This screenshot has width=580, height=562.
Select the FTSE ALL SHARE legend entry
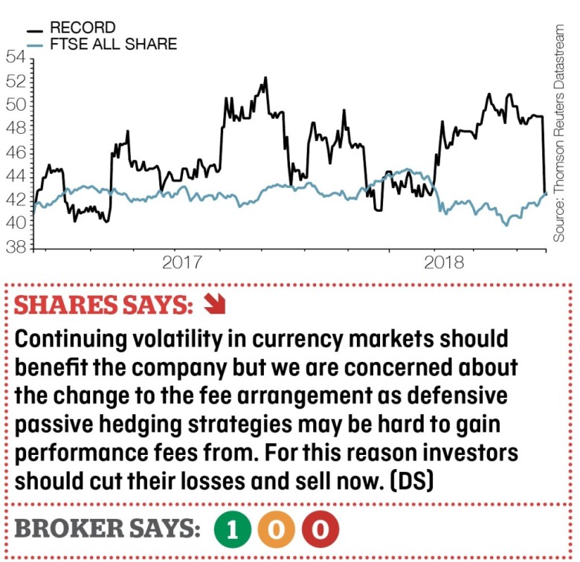112,45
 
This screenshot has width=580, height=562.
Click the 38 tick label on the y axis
16,247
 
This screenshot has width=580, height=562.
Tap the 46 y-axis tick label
16,152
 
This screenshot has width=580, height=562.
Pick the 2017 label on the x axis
183,262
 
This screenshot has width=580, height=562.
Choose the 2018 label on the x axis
443,262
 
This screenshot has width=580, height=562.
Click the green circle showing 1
233,529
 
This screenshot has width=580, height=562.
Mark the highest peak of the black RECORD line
264,77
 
